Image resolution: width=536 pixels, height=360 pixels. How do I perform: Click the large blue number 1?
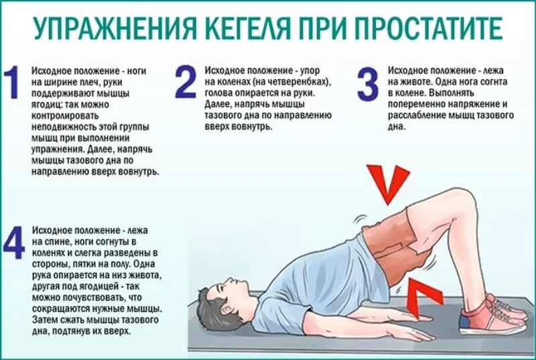11,83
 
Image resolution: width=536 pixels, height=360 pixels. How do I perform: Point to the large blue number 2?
186,83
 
